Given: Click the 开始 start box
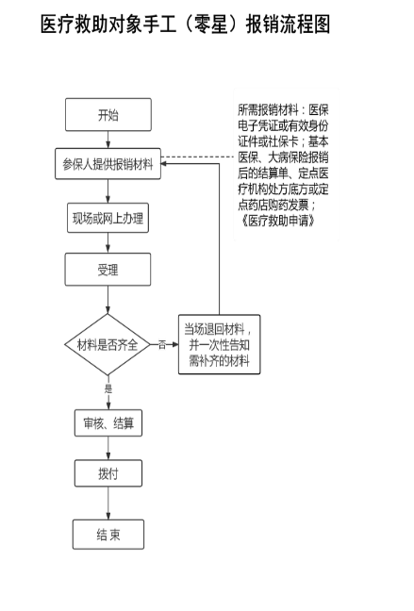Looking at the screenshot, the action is pos(108,115).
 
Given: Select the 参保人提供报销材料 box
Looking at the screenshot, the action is pos(108,164).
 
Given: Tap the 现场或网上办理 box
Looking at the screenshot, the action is pos(108,218).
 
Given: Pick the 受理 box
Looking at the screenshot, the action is pos(108,270).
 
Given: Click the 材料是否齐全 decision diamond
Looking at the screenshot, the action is pos(108,344).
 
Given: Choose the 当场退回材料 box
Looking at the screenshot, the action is pos(219,344).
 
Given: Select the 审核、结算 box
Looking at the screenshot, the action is pos(108,422).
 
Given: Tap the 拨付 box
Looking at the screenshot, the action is pos(108,473).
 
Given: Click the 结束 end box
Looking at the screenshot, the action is pos(108,535).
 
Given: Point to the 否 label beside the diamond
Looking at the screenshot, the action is pos(162,345).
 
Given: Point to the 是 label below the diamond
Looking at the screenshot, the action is pos(108,388).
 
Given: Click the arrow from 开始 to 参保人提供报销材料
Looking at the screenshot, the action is pos(108,140).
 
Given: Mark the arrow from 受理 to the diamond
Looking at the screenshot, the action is pos(108,300).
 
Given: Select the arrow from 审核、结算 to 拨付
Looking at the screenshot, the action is pos(108,448).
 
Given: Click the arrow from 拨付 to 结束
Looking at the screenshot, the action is pos(108,504).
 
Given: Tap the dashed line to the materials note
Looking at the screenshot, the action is pos(197,157).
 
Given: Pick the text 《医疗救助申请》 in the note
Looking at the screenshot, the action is pos(277,221).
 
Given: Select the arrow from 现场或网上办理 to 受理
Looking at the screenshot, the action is pos(108,242).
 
